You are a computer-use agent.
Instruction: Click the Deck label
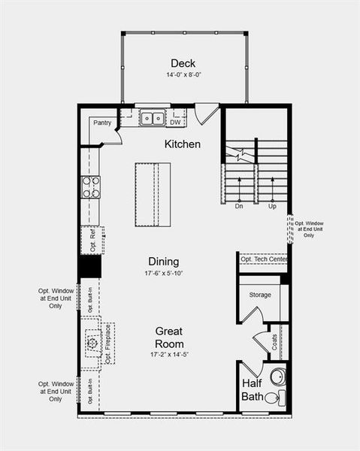(x=183, y=63)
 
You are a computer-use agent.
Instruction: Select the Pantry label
(x=102, y=122)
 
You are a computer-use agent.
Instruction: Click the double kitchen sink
(x=153, y=118)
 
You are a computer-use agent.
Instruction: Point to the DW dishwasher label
(x=174, y=122)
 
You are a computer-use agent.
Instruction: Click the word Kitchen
(x=183, y=144)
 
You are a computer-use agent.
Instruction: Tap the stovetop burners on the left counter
(x=90, y=187)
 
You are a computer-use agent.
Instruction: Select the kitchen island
(x=153, y=194)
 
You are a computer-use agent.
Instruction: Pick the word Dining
(x=163, y=261)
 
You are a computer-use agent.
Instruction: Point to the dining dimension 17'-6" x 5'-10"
(x=163, y=273)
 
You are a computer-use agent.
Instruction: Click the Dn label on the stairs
(x=239, y=206)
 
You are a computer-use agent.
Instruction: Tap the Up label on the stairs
(x=271, y=206)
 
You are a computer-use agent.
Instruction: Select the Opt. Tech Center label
(x=264, y=259)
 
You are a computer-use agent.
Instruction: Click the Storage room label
(x=260, y=295)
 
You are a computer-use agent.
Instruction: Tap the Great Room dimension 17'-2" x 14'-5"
(x=169, y=354)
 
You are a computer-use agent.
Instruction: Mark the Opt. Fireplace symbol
(x=92, y=343)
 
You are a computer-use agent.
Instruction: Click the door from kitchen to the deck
(x=206, y=115)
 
